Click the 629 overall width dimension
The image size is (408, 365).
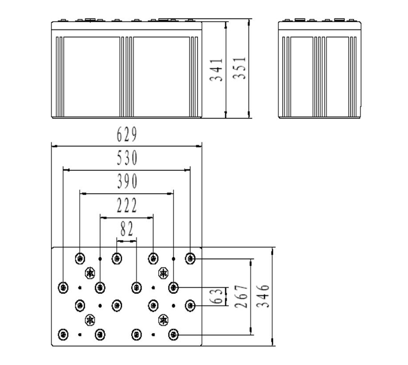click(x=127, y=135)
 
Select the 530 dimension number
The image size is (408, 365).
click(x=127, y=158)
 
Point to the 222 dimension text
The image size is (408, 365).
click(x=127, y=206)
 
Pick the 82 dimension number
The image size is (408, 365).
click(x=127, y=229)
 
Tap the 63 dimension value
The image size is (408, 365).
click(x=217, y=296)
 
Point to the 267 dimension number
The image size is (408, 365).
click(x=241, y=296)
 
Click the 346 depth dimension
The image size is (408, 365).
click(x=264, y=296)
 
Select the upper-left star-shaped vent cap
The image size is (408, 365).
click(x=90, y=272)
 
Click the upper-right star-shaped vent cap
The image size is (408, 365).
click(x=163, y=272)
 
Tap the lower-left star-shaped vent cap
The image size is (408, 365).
click(x=90, y=320)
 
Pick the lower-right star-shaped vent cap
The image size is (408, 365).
click(x=163, y=320)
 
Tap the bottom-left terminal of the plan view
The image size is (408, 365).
click(x=63, y=334)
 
